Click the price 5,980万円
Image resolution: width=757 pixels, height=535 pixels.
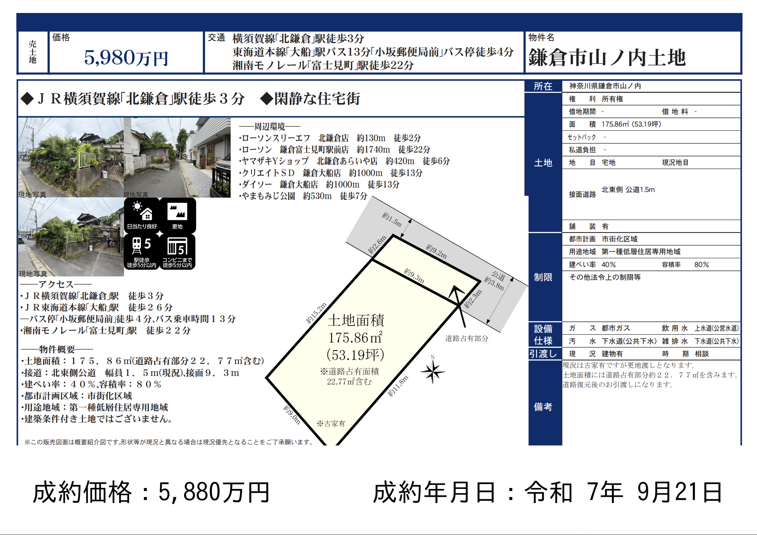click(126, 58)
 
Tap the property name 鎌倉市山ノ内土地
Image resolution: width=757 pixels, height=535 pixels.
click(607, 58)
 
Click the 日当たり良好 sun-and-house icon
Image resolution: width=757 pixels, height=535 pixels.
click(142, 215)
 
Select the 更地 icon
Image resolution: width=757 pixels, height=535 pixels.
click(178, 215)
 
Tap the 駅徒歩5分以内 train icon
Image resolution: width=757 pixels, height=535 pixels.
click(142, 252)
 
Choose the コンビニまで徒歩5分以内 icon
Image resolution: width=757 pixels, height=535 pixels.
click(178, 252)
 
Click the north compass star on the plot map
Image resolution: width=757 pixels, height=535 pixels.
click(433, 371)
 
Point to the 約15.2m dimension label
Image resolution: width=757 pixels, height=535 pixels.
click(316, 313)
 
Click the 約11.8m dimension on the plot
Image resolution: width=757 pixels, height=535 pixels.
click(398, 386)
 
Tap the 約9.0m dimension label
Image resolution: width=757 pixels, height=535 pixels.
click(292, 414)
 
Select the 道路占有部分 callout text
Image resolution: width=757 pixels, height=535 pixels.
click(467, 338)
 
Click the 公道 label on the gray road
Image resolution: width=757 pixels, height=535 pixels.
click(498, 276)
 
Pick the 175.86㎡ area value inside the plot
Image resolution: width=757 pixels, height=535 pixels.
click(355, 338)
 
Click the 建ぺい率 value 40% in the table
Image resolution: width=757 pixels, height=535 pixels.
click(609, 265)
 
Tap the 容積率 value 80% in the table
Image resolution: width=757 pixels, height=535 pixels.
click(702, 265)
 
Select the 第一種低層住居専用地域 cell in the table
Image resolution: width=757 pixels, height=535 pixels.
click(641, 252)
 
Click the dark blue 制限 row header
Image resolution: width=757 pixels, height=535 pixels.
click(543, 277)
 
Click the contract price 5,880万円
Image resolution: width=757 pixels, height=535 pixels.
click(214, 492)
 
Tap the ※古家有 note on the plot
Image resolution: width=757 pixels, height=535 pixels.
click(331, 424)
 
